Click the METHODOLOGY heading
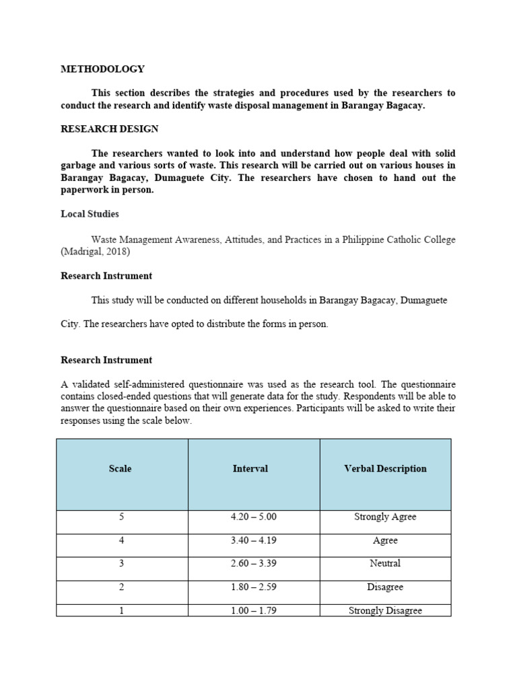coord(102,69)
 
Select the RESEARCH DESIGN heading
coord(110,129)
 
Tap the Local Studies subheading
coord(90,214)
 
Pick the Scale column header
coord(120,469)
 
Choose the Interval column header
coord(250,469)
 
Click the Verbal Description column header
coord(385,469)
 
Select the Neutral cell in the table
coord(385,563)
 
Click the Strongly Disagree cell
coord(385,610)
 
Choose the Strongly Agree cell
coord(385,517)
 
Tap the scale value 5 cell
coord(122,517)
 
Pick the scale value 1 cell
coord(122,610)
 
